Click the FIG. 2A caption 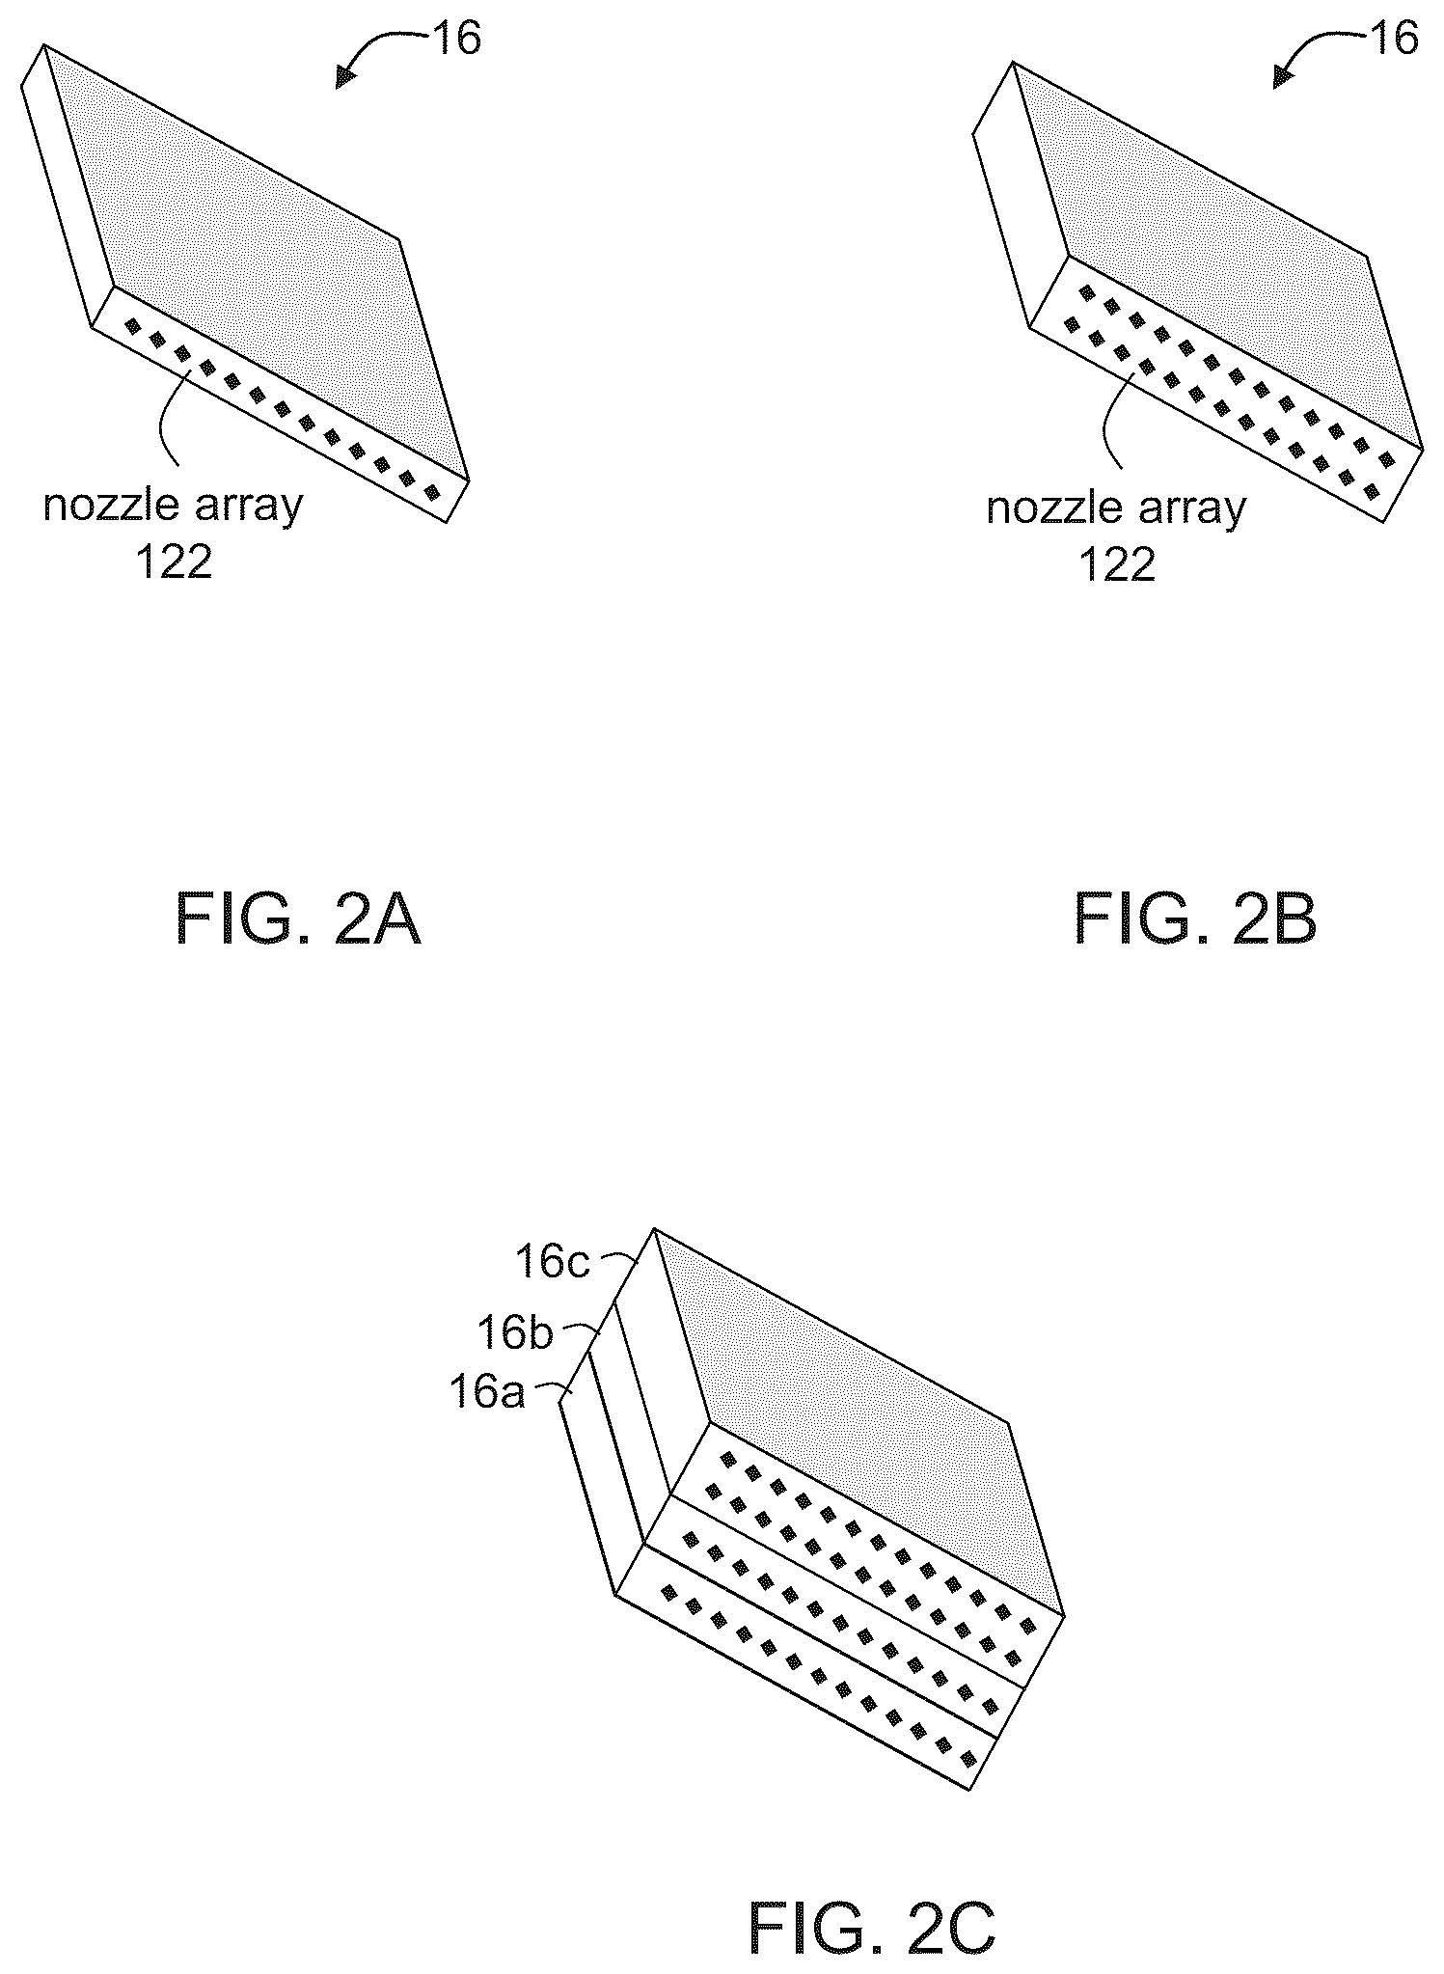(x=298, y=921)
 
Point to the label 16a (x=487, y=1394)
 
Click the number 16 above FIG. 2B (x=1393, y=40)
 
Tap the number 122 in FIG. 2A (x=174, y=562)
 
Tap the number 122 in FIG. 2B (x=1116, y=565)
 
